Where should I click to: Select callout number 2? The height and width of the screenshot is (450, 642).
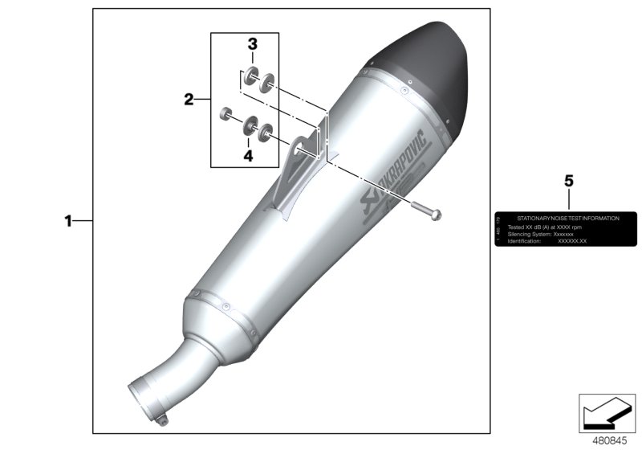click(x=189, y=100)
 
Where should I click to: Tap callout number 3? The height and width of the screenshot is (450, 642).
click(x=251, y=45)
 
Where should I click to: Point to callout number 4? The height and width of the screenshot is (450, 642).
click(x=248, y=155)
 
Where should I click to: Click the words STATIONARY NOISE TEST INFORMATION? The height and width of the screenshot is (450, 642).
click(x=567, y=219)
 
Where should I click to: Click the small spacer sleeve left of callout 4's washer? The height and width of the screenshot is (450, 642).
click(x=226, y=113)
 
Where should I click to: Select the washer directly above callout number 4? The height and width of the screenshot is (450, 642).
click(x=250, y=123)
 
